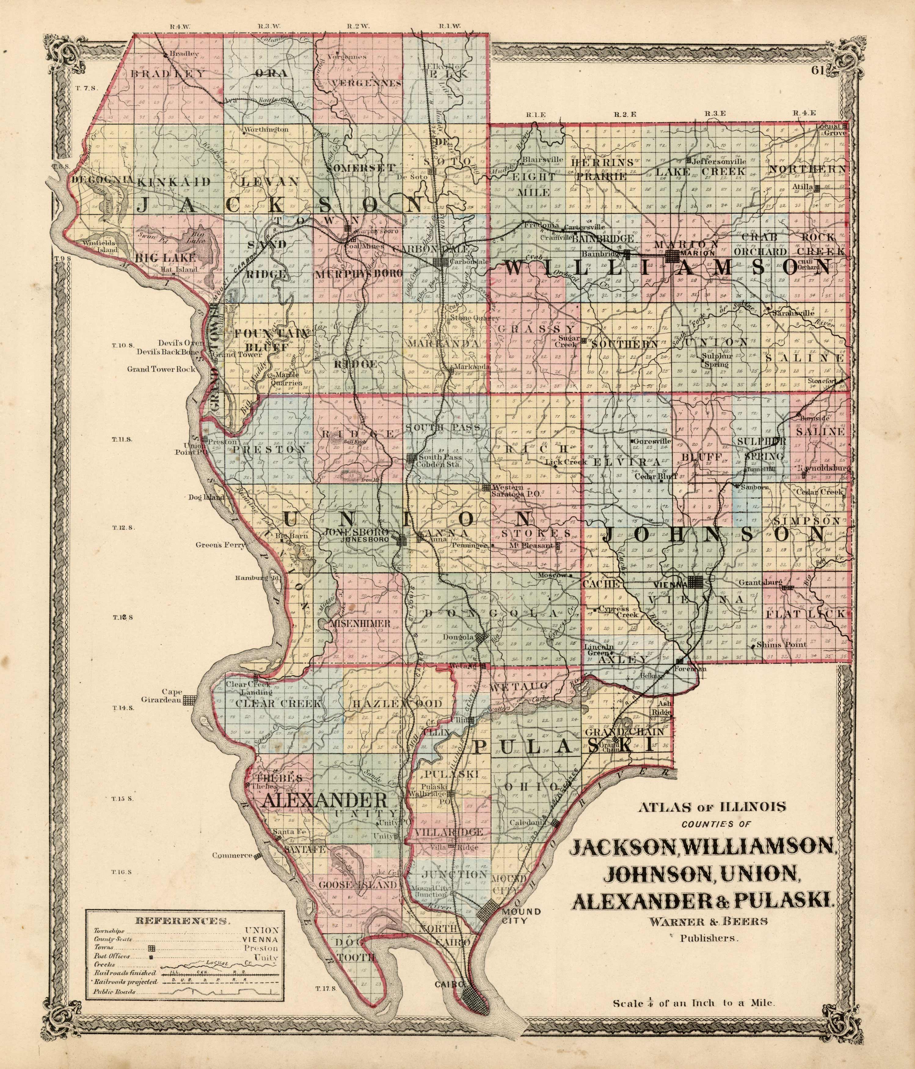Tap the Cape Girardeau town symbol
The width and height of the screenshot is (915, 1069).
point(191,700)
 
